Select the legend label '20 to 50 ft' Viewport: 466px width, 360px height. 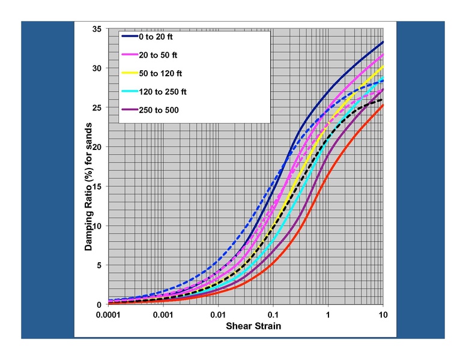point(158,55)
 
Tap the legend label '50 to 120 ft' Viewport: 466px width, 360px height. point(160,73)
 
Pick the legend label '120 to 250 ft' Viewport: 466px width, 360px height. point(163,92)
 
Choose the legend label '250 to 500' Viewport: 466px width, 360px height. point(159,110)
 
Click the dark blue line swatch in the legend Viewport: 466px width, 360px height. point(129,37)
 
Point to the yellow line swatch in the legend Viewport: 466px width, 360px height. point(129,73)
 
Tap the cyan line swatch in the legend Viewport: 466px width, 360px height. point(129,92)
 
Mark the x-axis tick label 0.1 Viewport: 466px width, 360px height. point(273,315)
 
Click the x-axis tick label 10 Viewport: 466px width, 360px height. point(383,315)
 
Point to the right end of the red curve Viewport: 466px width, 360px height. point(383,105)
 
